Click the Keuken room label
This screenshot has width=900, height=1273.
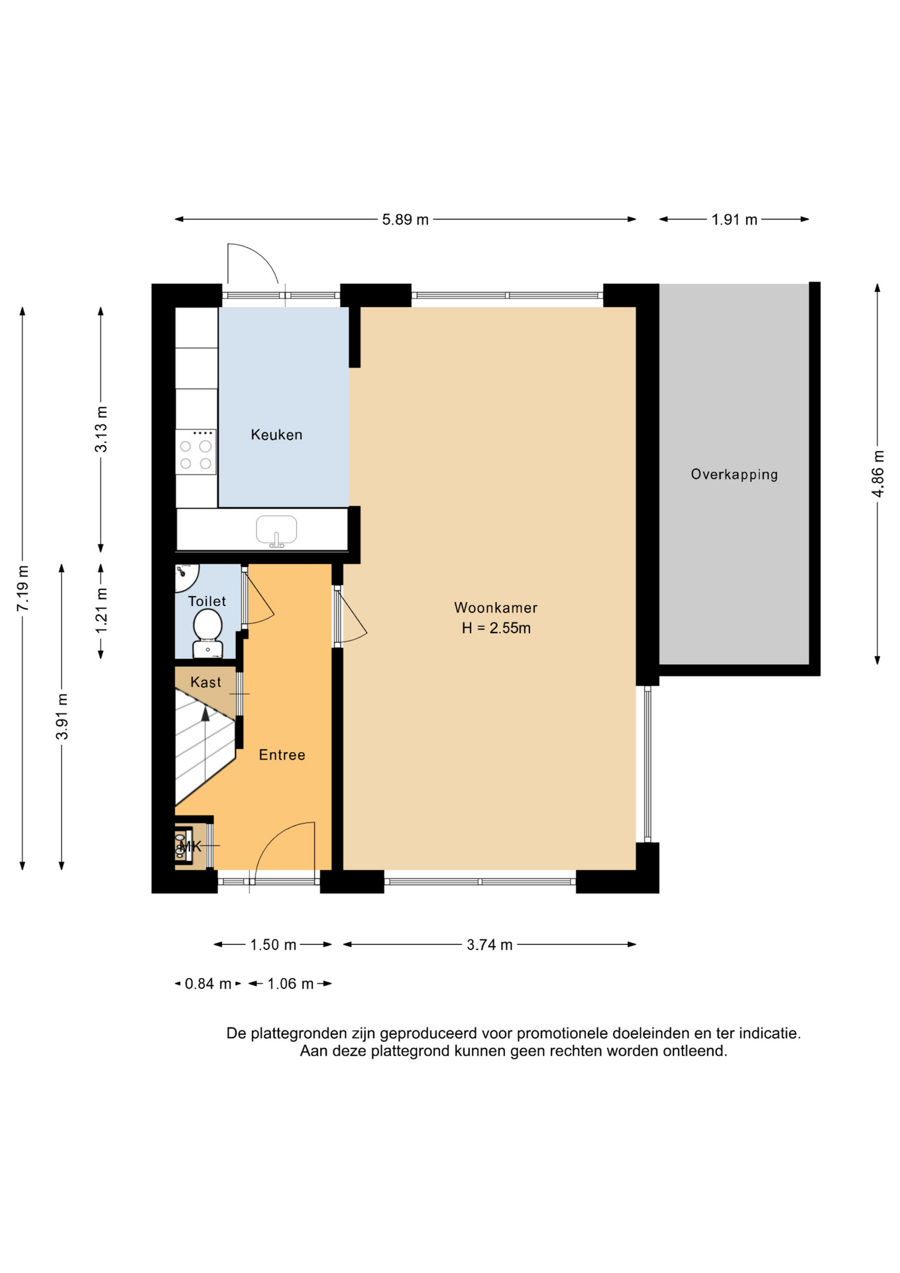276,435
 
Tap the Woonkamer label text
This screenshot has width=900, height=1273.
496,607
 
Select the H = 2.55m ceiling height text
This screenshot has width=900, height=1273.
496,628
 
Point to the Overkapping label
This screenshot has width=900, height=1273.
734,475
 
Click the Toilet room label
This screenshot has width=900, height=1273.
207,601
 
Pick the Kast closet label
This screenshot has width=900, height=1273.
205,682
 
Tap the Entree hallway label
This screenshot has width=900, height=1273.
282,755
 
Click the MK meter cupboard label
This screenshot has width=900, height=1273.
190,846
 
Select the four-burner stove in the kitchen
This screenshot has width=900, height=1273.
196,452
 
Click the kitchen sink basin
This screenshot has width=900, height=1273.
276,530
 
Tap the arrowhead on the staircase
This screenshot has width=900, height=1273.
205,713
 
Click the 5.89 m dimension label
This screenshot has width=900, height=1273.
405,219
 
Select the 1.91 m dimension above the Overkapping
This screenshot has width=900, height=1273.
734,219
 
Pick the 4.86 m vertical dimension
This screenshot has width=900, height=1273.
877,473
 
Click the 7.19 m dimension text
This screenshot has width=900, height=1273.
23,589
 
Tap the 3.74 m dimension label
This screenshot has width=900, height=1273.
490,945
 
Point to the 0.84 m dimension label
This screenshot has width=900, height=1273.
208,984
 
